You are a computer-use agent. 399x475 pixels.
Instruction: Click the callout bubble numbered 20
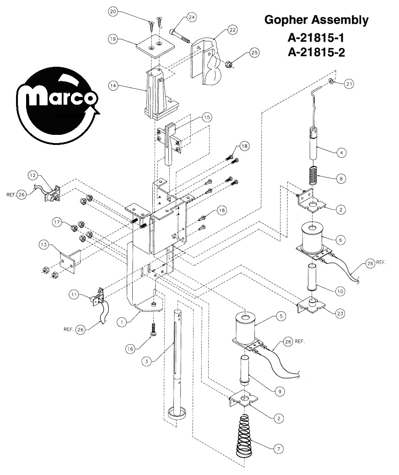[113, 12]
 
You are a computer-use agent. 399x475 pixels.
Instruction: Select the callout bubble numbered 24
[192, 17]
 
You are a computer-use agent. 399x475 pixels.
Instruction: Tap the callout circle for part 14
[113, 86]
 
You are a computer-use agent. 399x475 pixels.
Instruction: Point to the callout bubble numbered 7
[279, 448]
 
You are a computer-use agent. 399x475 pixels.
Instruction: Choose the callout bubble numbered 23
[340, 313]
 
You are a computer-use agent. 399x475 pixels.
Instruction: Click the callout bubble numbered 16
[130, 349]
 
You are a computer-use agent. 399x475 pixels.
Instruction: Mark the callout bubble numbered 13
[44, 244]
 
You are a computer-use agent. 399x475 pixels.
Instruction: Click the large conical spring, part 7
[246, 435]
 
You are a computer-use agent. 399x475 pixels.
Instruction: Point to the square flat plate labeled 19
[156, 46]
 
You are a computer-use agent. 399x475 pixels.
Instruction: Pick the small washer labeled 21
[331, 81]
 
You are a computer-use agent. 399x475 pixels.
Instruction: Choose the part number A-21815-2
[316, 53]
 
